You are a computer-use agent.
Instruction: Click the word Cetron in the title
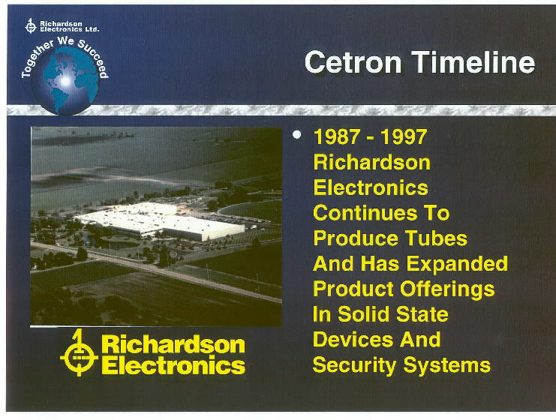point(353,62)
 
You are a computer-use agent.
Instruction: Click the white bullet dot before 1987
point(297,135)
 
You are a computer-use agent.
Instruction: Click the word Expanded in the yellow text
point(457,264)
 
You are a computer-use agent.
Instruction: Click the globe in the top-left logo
point(65,81)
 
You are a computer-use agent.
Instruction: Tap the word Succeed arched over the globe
point(94,58)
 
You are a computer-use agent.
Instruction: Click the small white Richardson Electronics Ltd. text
point(69,26)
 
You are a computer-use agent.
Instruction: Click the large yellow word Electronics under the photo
point(174,365)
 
